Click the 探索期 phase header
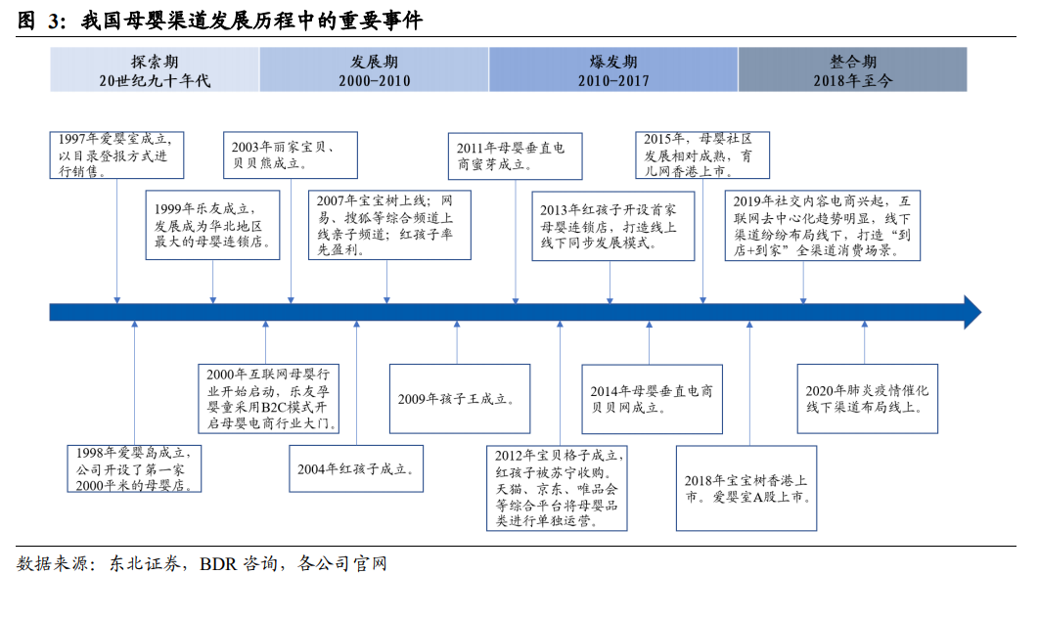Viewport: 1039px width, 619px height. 155,69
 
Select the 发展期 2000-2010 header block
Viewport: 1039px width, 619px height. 375,69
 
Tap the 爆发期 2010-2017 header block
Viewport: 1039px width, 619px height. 613,69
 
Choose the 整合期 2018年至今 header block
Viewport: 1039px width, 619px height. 853,69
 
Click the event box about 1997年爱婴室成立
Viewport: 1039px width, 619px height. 116,155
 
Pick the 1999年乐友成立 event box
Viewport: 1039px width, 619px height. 212,225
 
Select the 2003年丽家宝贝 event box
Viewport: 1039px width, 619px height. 291,155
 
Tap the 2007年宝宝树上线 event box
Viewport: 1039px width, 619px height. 389,225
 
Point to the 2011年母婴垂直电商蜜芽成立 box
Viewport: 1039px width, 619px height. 515,156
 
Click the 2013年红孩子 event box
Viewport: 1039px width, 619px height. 613,227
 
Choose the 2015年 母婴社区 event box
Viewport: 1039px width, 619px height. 702,155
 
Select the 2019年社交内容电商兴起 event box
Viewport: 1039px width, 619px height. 823,225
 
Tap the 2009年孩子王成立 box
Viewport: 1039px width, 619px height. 460,399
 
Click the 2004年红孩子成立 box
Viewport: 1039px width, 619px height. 356,468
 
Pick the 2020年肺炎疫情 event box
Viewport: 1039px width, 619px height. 868,399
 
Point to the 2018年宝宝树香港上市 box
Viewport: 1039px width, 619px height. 746,488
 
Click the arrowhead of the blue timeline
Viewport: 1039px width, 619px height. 972,312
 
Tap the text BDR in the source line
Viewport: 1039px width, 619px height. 218,564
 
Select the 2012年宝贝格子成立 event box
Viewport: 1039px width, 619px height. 557,488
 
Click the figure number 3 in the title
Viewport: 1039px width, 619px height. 55,22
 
